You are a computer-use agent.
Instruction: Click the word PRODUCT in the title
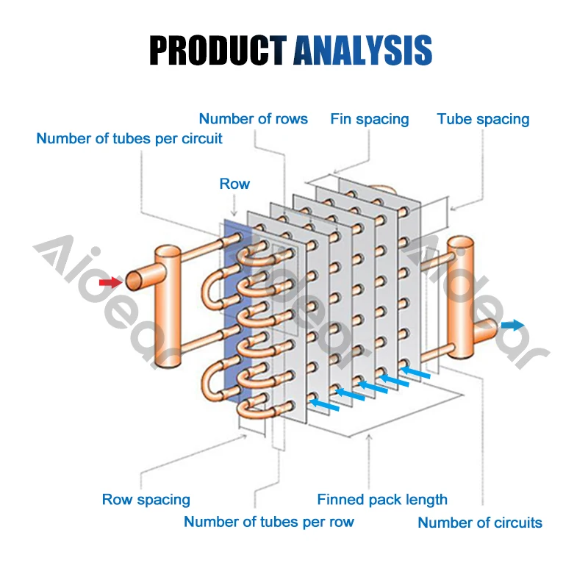tap(218, 49)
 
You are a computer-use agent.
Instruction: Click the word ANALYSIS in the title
tap(362, 49)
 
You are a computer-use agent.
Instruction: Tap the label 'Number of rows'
tap(253, 118)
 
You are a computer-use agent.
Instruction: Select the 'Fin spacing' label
tap(369, 118)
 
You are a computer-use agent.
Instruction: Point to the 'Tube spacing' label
tap(483, 118)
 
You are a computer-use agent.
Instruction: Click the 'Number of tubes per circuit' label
tap(129, 138)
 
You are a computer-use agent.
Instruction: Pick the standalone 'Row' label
tap(234, 184)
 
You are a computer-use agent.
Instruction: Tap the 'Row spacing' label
tap(146, 500)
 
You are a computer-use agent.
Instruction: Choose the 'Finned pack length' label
tap(382, 500)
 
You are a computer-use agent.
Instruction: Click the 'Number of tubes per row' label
tap(269, 522)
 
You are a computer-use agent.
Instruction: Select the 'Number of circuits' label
tap(480, 523)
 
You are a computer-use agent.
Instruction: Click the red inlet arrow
tap(110, 282)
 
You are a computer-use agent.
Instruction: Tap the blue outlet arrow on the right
tap(513, 325)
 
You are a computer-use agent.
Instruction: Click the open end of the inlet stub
tap(133, 280)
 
